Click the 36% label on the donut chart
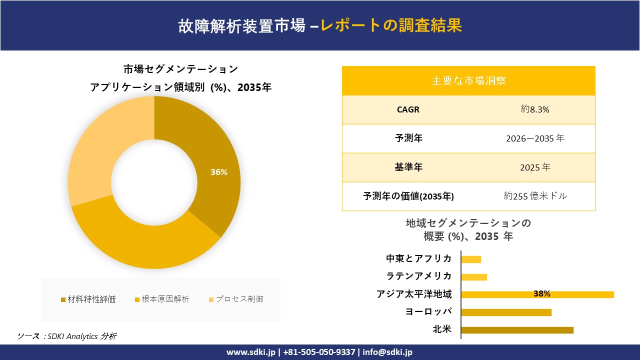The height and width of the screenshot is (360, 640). (x=218, y=172)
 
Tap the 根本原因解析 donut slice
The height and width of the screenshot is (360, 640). (x=145, y=245)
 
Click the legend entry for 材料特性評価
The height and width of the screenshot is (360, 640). (x=88, y=299)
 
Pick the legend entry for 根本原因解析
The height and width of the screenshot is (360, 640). (x=162, y=299)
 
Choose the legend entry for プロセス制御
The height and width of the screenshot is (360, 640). (x=236, y=299)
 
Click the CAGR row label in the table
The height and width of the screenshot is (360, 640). (x=408, y=109)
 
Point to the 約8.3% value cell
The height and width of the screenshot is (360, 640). (x=535, y=109)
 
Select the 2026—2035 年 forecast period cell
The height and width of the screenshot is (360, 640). (x=535, y=138)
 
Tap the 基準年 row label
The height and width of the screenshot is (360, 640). (x=408, y=167)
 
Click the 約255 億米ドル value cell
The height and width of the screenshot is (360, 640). (x=535, y=196)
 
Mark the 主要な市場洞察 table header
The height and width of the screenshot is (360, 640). (x=468, y=80)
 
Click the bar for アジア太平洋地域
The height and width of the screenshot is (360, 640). (x=537, y=294)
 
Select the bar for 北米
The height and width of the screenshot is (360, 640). (x=517, y=330)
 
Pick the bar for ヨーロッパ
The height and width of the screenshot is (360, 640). (x=506, y=312)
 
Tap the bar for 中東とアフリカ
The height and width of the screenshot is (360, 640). (x=471, y=259)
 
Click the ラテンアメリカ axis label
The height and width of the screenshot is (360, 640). (x=419, y=276)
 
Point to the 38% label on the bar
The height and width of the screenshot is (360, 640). (x=541, y=294)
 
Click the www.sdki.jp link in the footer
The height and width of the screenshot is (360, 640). (x=251, y=352)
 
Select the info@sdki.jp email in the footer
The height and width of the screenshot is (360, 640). (x=387, y=352)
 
